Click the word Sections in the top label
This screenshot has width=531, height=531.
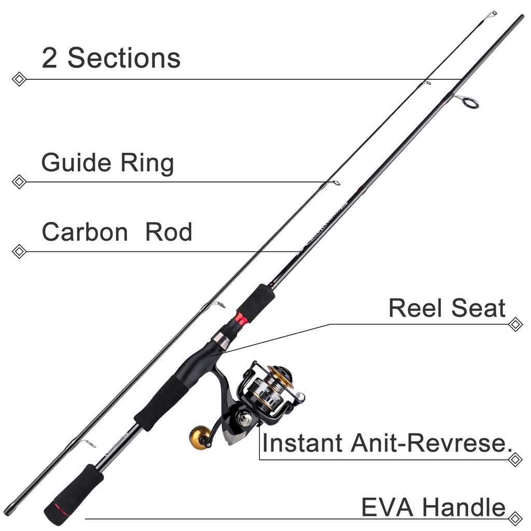[x=124, y=58]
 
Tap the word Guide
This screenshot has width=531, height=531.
[x=76, y=163]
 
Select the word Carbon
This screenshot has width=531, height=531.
[x=85, y=232]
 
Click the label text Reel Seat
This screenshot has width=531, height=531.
[x=447, y=308]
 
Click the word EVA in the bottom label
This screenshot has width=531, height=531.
[x=387, y=507]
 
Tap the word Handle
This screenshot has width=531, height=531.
[x=464, y=507]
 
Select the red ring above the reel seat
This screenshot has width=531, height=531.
[x=241, y=319]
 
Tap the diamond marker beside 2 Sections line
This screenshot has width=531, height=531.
[x=19, y=79]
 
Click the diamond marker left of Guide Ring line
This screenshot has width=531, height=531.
[x=19, y=182]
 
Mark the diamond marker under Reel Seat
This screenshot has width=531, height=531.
[x=515, y=325]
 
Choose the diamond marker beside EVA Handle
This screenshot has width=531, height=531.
[x=515, y=518]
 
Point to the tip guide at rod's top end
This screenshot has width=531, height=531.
[x=492, y=15]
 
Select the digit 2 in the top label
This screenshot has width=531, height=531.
[x=49, y=58]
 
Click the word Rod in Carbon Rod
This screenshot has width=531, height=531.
[x=169, y=232]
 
